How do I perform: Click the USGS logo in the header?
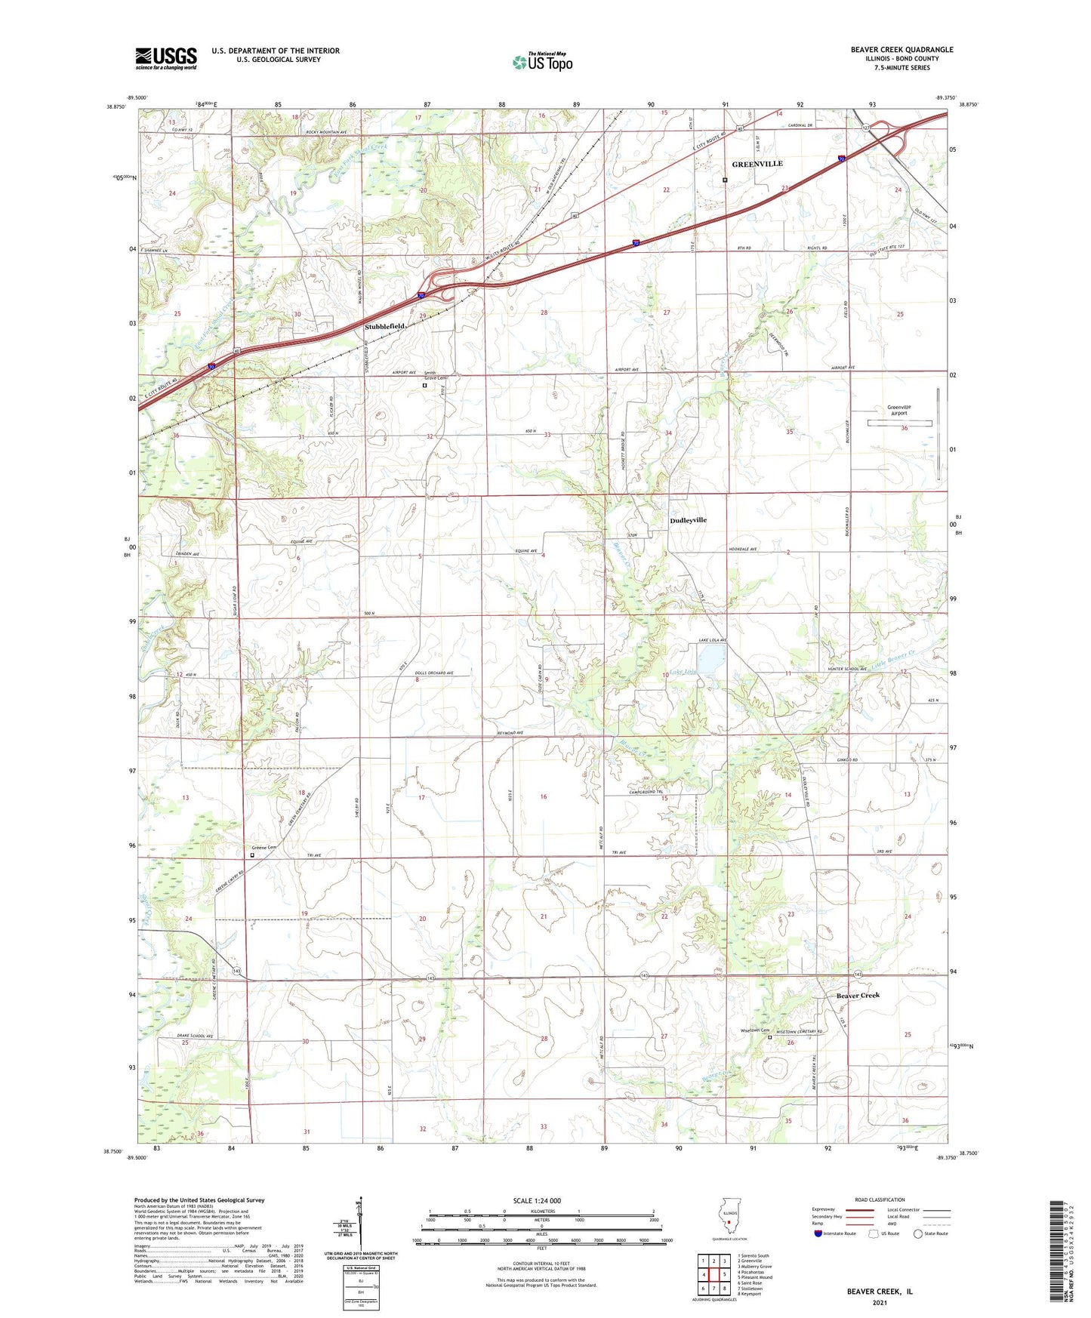click(166, 58)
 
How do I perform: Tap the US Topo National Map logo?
click(542, 61)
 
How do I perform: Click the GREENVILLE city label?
click(757, 164)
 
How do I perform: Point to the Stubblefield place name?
click(385, 327)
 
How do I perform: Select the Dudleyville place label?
click(688, 520)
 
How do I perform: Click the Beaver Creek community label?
click(858, 995)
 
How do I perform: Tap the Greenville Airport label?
click(898, 410)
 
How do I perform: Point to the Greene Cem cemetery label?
click(264, 848)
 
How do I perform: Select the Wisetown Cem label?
click(755, 1030)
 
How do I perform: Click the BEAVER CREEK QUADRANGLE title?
click(901, 50)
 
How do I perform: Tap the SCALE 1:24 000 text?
click(537, 1200)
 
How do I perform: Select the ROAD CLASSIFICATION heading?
click(880, 1199)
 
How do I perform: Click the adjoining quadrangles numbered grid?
click(713, 1274)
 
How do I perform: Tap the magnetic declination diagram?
click(360, 1227)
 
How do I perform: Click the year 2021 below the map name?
click(879, 1303)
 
